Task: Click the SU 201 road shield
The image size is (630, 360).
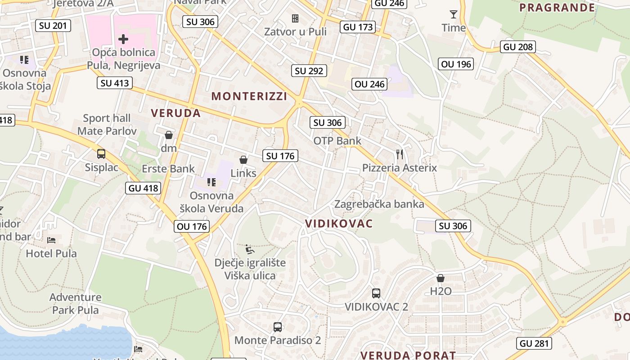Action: [54, 26]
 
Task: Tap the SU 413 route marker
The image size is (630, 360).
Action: [115, 83]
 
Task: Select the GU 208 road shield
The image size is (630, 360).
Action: [518, 47]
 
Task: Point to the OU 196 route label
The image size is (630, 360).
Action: [456, 64]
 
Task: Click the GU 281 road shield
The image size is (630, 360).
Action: [534, 343]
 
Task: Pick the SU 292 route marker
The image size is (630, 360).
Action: [310, 71]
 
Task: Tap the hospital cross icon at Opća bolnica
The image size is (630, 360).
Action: [123, 39]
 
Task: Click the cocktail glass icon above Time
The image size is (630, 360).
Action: [454, 14]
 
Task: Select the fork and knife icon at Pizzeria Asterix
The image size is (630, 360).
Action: [400, 154]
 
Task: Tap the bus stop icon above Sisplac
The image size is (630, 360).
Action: [101, 154]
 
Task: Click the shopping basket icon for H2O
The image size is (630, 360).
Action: [441, 278]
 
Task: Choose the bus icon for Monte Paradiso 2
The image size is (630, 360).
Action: [278, 327]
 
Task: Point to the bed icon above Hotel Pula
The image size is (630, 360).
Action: [51, 240]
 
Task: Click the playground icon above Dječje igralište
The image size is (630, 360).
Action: [249, 249]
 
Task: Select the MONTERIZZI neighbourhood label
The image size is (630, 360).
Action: [249, 96]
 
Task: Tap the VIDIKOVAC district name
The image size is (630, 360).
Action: [339, 224]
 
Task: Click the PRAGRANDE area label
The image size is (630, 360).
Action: [557, 8]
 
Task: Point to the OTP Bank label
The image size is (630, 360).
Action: [337, 141]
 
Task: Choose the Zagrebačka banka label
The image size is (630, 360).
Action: [379, 204]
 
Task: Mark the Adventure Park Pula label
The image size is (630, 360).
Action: [75, 303]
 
